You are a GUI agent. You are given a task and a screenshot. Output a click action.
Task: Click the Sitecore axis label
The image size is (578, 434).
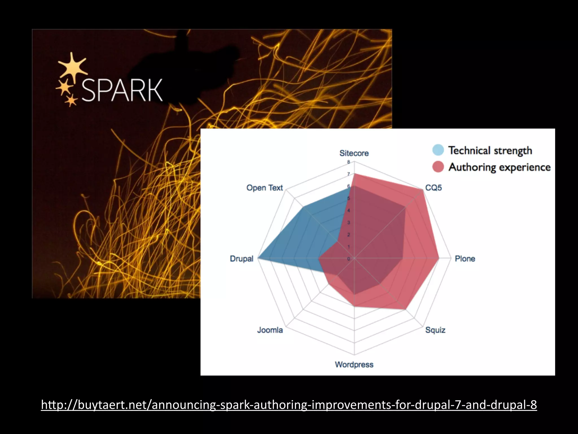point(354,153)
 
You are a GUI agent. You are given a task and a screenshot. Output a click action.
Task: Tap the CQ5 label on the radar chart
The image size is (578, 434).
point(433,188)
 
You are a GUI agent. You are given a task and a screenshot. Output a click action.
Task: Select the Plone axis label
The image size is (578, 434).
point(465,259)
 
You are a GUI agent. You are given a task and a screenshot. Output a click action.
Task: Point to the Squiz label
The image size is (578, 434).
point(435,330)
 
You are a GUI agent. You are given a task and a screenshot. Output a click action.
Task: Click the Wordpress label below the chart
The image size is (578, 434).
point(354,364)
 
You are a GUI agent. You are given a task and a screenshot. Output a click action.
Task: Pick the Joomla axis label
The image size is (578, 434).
point(270,330)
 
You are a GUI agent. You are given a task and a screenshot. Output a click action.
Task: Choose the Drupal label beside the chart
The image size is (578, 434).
point(242,259)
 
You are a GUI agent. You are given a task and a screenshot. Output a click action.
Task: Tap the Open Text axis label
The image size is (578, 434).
point(264,188)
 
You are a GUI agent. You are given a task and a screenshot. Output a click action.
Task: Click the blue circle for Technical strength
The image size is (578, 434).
point(438,150)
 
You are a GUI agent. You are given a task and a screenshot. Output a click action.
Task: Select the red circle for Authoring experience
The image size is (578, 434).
point(438,167)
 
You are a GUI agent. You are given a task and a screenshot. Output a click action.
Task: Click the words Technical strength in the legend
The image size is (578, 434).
point(490,150)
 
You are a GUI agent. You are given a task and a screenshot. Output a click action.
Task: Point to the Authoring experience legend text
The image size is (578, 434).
point(500,167)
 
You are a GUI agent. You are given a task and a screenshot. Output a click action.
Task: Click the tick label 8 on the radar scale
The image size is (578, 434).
point(349,162)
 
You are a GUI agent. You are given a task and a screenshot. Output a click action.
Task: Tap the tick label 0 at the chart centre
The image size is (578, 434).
point(349,259)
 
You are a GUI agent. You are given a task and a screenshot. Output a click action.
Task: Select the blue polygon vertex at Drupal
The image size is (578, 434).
point(259,258)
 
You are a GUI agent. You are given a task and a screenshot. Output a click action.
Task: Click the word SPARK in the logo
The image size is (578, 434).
point(122,90)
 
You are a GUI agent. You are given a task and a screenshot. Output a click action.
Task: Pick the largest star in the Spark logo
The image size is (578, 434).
point(73,67)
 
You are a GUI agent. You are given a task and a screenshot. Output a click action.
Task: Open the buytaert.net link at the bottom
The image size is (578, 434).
point(289,405)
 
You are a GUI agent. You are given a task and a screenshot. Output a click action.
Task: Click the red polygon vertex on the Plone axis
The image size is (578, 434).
point(439,258)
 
